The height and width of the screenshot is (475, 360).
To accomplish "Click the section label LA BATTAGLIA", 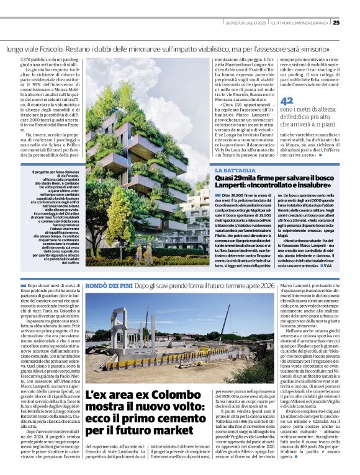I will (x=235, y=170).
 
